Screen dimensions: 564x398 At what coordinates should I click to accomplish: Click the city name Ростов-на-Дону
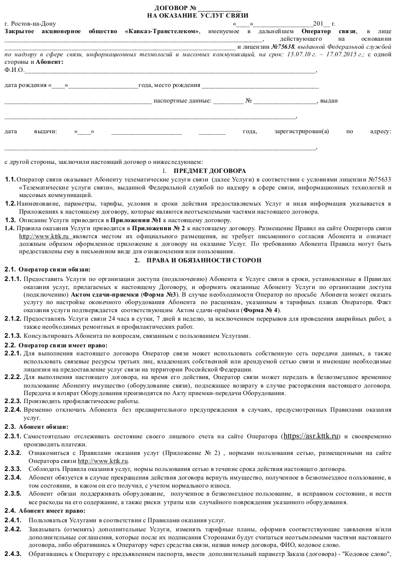point(31,24)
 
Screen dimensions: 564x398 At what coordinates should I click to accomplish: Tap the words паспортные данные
point(182,101)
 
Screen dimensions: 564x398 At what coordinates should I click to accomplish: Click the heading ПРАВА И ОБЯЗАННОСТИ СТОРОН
point(204,260)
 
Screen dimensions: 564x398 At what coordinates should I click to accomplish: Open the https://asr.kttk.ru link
point(312,435)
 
